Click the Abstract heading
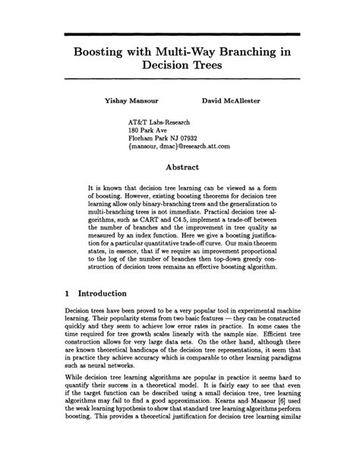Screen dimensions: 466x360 pos(180,167)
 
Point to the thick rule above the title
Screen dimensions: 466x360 pos(179,34)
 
